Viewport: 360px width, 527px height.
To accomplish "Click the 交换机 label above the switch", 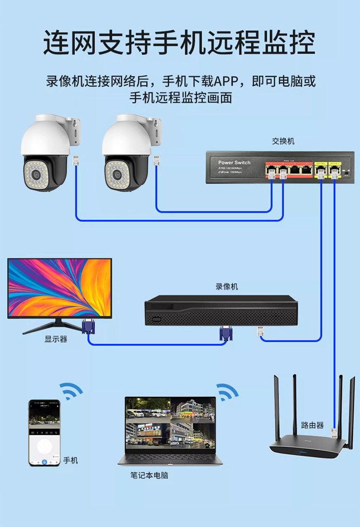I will [x=283, y=141].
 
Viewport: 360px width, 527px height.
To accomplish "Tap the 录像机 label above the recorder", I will [x=226, y=287].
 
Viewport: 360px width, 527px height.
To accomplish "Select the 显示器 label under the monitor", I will [x=56, y=339].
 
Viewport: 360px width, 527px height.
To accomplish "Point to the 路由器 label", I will [x=312, y=425].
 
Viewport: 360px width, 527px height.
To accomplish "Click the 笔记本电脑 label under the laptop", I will [x=149, y=475].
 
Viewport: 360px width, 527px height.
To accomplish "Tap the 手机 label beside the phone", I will [x=71, y=460].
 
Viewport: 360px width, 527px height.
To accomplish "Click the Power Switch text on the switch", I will [x=234, y=162].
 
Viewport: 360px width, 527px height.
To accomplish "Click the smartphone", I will [x=44, y=433].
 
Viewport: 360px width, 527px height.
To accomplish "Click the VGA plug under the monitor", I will [x=88, y=327].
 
